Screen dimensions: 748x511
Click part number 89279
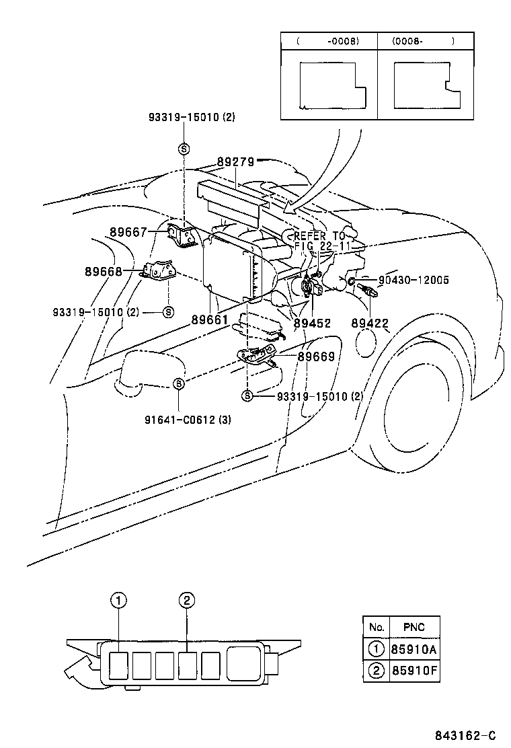coord(235,162)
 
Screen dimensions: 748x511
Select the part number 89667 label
coord(128,232)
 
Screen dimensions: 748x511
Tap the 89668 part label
coord(104,272)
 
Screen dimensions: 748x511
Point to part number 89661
coord(210,320)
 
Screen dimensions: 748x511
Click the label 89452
coord(311,324)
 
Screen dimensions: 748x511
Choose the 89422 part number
coord(370,324)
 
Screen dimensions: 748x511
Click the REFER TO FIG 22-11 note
coord(319,241)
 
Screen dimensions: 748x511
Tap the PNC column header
coord(414,627)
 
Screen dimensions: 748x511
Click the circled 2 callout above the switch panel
coord(187,600)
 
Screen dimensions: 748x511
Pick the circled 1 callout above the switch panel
coord(118,600)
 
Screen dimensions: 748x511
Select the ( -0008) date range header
coord(327,41)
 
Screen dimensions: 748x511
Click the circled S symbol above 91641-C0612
coord(179,383)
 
